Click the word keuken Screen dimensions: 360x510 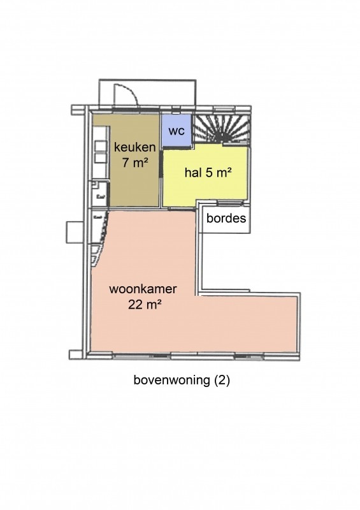coord(134,147)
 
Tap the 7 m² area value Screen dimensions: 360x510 coord(135,162)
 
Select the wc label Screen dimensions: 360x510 coord(176,131)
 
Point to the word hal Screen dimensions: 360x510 coord(193,172)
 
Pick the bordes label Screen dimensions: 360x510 coord(226,218)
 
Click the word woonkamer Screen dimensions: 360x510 coord(143,289)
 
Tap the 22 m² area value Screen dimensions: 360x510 coord(145,305)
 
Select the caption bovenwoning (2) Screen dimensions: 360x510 coord(182,380)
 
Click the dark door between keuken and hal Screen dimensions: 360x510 coord(161,163)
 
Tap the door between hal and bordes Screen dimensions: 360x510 coord(230,203)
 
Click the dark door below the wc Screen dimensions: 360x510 coord(176,149)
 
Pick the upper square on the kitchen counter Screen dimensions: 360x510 coord(101,146)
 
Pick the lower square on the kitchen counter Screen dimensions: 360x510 coord(101,158)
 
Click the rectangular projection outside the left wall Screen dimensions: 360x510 coord(75,232)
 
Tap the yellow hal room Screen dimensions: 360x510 coord(206,176)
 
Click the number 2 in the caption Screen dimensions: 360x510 coord(222,380)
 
